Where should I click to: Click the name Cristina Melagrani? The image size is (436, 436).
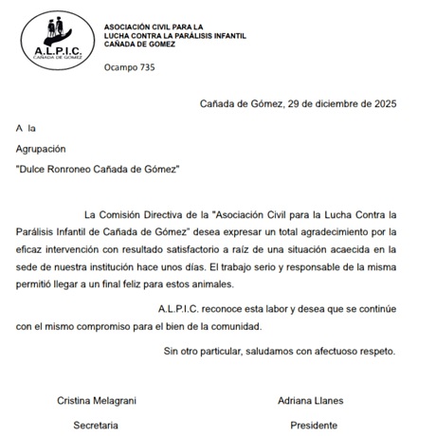click(99, 401)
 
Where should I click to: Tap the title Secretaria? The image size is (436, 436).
click(97, 426)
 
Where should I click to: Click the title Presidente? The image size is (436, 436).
click(313, 426)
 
